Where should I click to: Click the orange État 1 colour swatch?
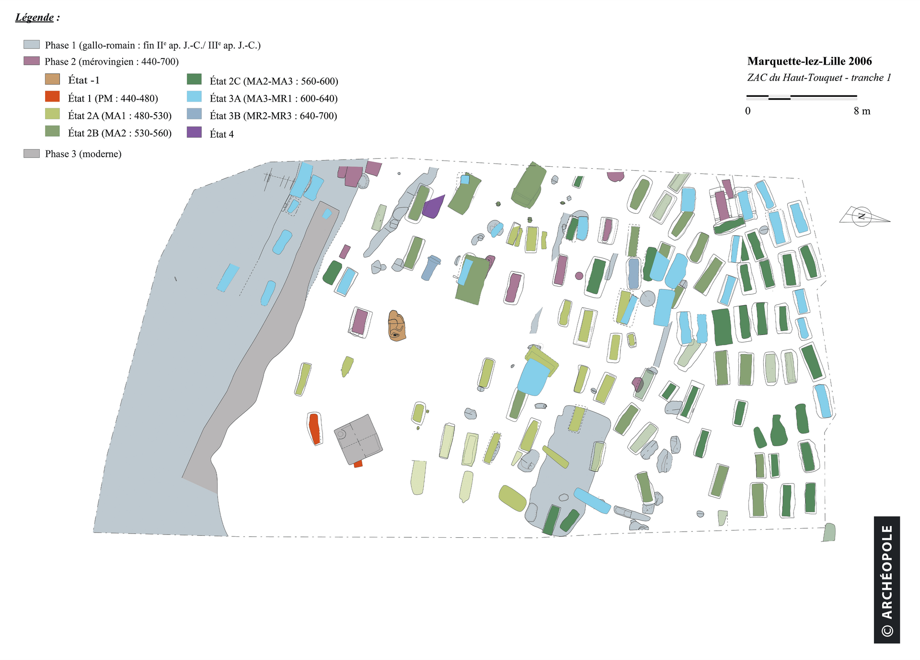click(x=52, y=97)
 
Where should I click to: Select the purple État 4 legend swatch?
click(x=194, y=133)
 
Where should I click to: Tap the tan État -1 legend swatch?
click(x=52, y=79)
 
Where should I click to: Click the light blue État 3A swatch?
click(x=194, y=97)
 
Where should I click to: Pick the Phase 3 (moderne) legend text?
click(x=83, y=154)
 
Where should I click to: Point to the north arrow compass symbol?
click(x=862, y=217)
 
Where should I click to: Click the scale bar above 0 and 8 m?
click(x=802, y=97)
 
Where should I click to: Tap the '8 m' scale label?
click(x=862, y=111)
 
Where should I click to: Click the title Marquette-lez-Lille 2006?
click(x=809, y=61)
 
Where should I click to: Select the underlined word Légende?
click(x=34, y=17)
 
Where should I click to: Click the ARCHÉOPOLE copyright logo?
click(x=886, y=579)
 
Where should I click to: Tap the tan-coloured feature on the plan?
click(x=396, y=326)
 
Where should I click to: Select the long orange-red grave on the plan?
click(x=314, y=428)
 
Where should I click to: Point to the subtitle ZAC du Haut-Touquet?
click(x=819, y=78)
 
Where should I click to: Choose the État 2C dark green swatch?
click(x=194, y=79)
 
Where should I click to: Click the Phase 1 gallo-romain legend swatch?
click(x=31, y=45)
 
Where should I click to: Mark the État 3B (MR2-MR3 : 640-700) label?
click(x=273, y=116)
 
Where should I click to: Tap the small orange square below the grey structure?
click(x=358, y=464)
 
